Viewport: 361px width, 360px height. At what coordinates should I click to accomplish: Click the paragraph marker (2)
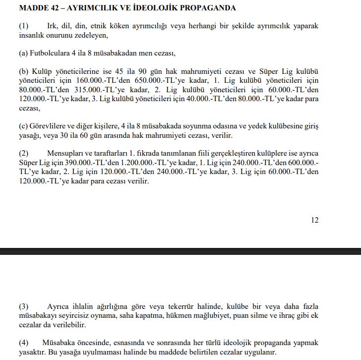23,154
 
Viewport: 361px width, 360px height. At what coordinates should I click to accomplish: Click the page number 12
314,220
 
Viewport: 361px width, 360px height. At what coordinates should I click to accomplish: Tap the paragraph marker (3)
23,307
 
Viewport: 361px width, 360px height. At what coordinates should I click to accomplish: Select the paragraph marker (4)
23,343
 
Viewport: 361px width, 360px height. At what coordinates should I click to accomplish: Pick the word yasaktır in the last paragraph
32,352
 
